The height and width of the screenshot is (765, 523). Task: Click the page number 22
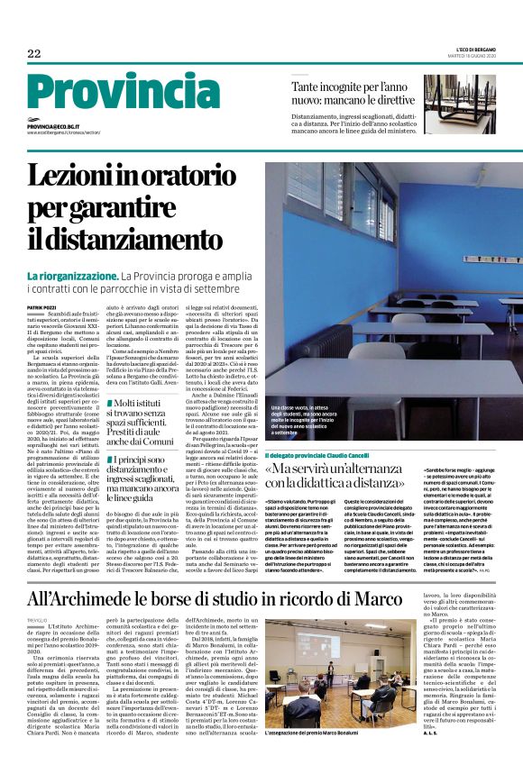[33, 54]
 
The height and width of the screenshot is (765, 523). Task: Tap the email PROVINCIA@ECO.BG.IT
[54, 127]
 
